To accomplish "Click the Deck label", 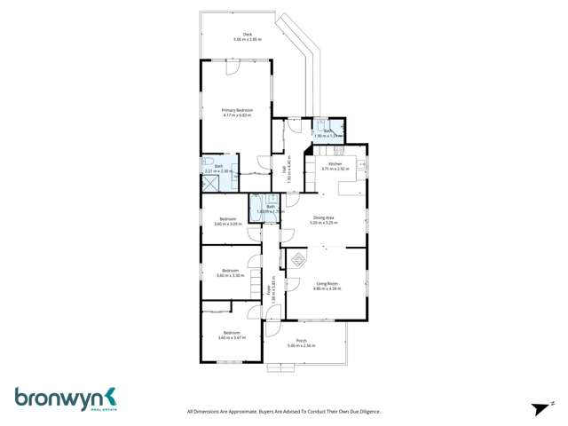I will click(x=236, y=35).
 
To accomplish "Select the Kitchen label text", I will click(x=335, y=164).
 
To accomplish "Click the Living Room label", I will click(x=326, y=283).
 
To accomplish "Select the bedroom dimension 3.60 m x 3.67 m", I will click(x=231, y=337).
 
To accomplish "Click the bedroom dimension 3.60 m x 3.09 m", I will click(x=228, y=224).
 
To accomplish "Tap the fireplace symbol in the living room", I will click(x=298, y=260).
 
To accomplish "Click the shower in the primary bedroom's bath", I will click(x=211, y=183).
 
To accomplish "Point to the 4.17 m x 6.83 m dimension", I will click(x=237, y=115).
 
